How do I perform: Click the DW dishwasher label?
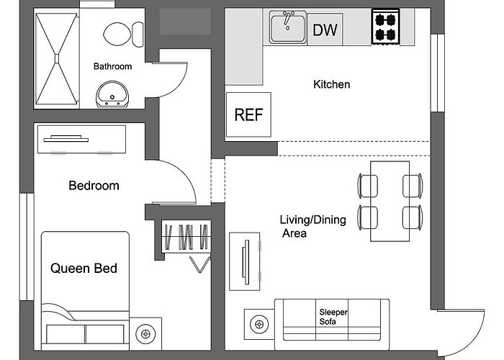pyautogui.click(x=325, y=30)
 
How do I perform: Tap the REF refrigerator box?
pyautogui.click(x=248, y=114)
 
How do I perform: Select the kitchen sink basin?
pyautogui.click(x=288, y=27)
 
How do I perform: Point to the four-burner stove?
pyautogui.click(x=385, y=27)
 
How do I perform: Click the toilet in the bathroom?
pyautogui.click(x=123, y=35)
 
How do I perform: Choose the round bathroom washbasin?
pyautogui.click(x=112, y=94)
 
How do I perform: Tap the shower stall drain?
pyautogui.click(x=57, y=59)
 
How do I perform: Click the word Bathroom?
pyautogui.click(x=112, y=66)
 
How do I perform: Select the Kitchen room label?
pyautogui.click(x=331, y=84)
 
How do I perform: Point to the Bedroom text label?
pyautogui.click(x=94, y=186)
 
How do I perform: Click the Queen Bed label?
pyautogui.click(x=84, y=269)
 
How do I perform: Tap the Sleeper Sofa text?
pyautogui.click(x=333, y=317)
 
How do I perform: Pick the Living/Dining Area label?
pyautogui.click(x=312, y=226)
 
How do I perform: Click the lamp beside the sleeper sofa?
pyautogui.click(x=259, y=324)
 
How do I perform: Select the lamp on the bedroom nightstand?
pyautogui.click(x=145, y=334)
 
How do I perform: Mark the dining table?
pyautogui.click(x=390, y=201)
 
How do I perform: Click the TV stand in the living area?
pyautogui.click(x=244, y=261)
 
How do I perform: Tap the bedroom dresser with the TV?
pyautogui.click(x=81, y=139)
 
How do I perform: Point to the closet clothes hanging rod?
pyautogui.click(x=186, y=237)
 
